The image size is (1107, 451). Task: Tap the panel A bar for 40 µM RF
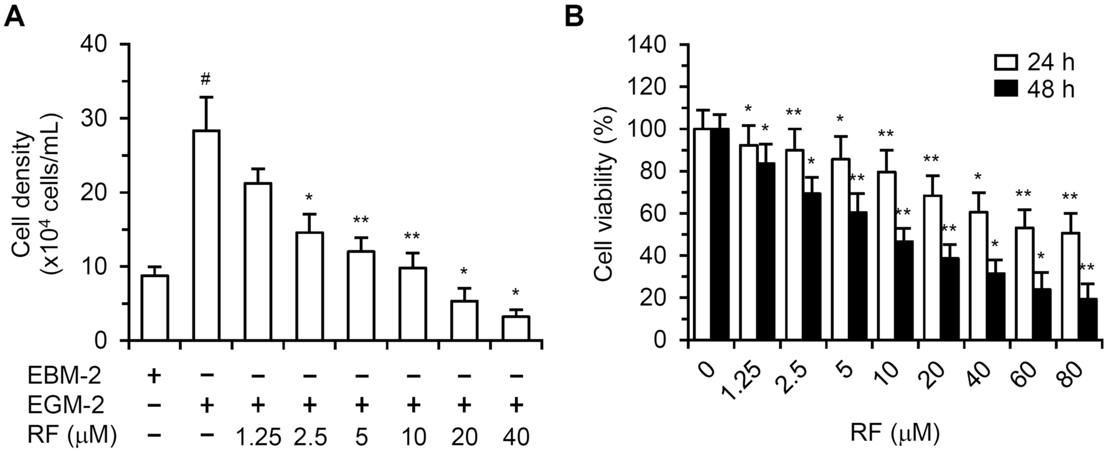(x=516, y=328)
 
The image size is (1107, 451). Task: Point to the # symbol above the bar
(x=206, y=79)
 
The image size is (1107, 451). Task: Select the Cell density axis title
(x=37, y=193)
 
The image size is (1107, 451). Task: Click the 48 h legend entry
(x=1034, y=89)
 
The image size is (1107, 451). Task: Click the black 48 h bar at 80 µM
(x=1087, y=320)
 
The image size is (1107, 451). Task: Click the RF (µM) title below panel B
(x=895, y=430)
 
